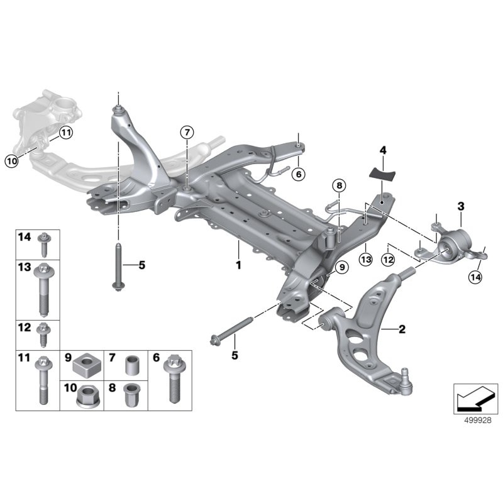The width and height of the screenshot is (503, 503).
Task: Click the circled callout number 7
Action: click(x=187, y=132)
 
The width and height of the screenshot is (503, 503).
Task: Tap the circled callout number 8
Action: click(x=339, y=185)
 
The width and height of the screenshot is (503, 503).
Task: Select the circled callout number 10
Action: click(x=11, y=161)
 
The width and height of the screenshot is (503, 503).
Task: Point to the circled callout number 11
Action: click(x=67, y=132)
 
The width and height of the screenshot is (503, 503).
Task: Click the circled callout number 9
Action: click(x=341, y=267)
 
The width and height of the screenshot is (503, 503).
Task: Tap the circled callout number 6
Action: click(x=298, y=173)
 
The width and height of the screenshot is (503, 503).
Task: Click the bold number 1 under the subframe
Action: click(x=238, y=265)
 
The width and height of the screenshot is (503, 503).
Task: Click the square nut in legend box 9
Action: click(x=86, y=365)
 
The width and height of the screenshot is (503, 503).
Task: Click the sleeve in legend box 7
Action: click(x=133, y=365)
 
